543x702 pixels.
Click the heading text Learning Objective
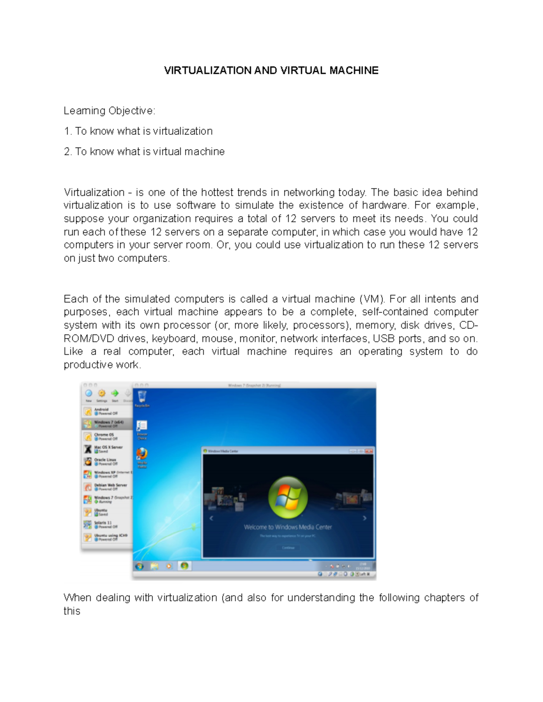point(109,111)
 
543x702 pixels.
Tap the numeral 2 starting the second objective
point(67,151)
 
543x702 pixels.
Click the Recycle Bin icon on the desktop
point(142,397)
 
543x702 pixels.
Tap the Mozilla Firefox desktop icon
point(142,453)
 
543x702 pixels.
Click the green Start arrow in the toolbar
point(115,393)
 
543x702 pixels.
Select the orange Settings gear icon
point(102,393)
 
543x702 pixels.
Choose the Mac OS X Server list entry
point(108,449)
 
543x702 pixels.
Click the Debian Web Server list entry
point(110,487)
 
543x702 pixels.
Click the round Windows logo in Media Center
point(288,497)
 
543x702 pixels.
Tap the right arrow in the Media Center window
point(365,518)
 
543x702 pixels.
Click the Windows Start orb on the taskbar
point(139,566)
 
